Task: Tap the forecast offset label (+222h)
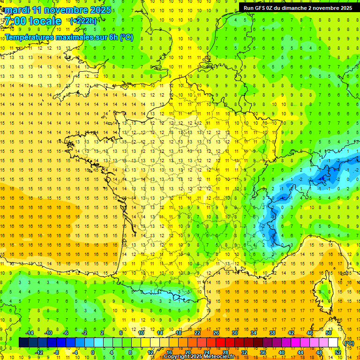pyautogui.click(x=83, y=21)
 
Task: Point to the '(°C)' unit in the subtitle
pyautogui.click(x=126, y=37)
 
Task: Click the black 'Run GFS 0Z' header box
pyautogui.click(x=299, y=7)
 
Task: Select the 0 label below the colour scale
pyautogui.click(x=93, y=352)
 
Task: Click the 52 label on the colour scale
pyautogui.click(x=338, y=352)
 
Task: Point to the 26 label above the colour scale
pyautogui.click(x=216, y=333)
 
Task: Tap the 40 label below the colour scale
pyautogui.click(x=282, y=352)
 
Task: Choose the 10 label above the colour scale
pyautogui.click(x=141, y=333)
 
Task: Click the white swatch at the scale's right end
pyautogui.click(x=333, y=342)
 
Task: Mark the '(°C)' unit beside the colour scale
pyautogui.click(x=349, y=343)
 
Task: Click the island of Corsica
pyautogui.click(x=323, y=288)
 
